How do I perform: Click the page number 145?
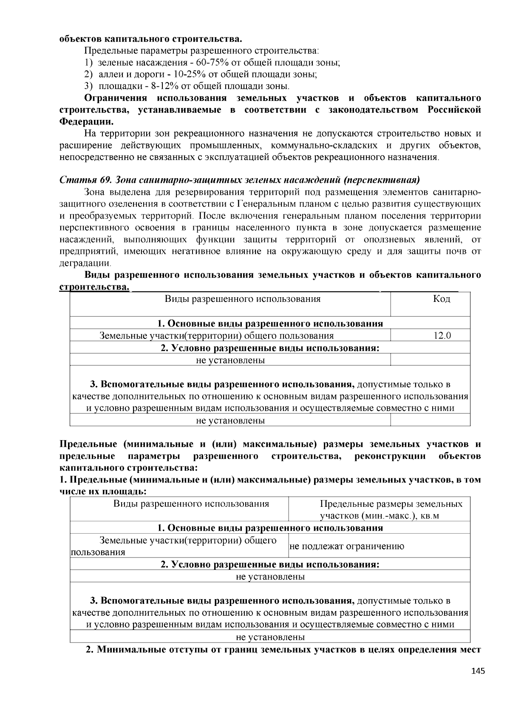[478, 671]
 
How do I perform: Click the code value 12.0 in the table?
[442, 335]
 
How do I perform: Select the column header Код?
[442, 299]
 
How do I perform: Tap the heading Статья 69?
[85, 179]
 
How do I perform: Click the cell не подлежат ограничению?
[346, 546]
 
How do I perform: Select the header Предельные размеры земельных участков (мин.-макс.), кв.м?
[391, 510]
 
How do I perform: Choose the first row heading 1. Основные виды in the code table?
[270, 324]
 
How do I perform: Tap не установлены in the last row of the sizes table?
[270, 637]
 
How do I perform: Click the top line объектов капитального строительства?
[150, 39]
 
